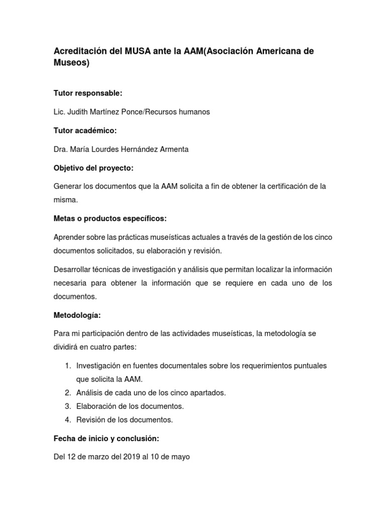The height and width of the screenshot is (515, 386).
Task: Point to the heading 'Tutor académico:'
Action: [85, 130]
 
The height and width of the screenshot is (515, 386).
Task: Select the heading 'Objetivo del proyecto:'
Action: [93, 167]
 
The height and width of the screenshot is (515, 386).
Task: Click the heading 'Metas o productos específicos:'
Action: [110, 218]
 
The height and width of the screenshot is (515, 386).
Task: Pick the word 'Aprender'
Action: [70, 237]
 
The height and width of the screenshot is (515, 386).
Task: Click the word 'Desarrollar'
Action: [73, 270]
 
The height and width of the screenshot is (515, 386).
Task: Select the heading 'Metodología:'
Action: [77, 315]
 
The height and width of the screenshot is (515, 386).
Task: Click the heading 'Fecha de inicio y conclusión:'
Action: [106, 439]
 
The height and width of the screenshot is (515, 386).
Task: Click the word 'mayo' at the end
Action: [180, 458]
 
